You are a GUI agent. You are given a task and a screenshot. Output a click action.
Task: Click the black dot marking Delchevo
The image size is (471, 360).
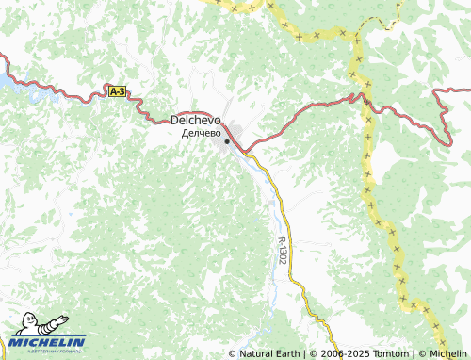click(x=227, y=142)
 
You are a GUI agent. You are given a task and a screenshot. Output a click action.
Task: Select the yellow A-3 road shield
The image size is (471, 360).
click(x=117, y=91)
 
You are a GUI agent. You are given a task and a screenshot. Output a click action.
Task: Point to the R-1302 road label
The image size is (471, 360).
click(x=283, y=249)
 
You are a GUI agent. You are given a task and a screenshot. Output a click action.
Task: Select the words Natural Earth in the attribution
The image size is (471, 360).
click(x=269, y=353)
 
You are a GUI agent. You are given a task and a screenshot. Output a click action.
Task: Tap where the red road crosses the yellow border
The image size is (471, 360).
click(x=358, y=95)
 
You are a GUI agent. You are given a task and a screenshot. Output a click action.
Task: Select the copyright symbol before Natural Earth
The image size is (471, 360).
click(x=233, y=353)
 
